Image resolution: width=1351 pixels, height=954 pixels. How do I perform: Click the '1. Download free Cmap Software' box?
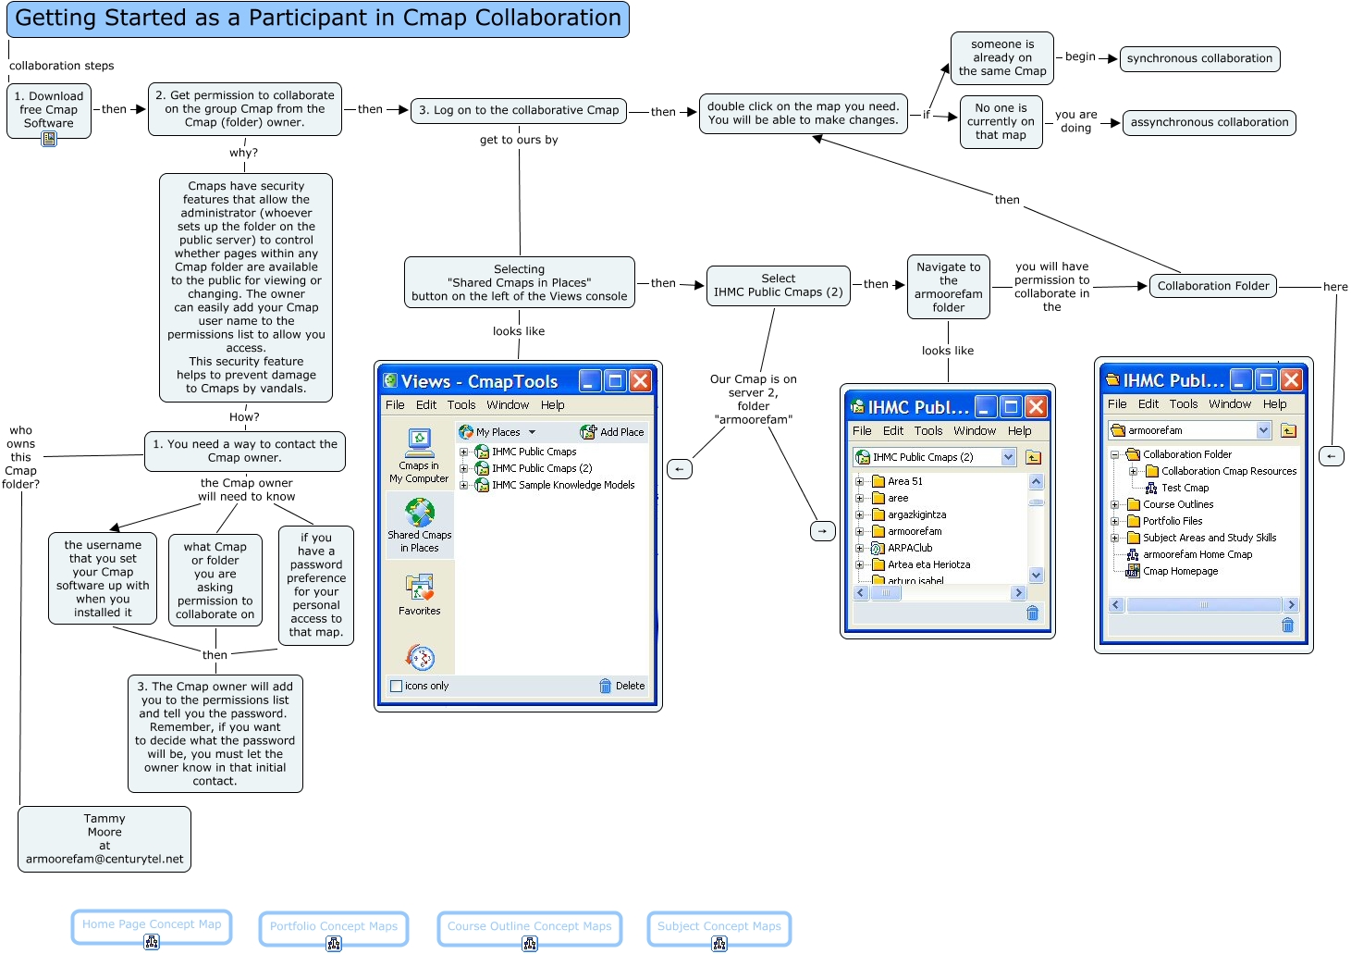click(48, 109)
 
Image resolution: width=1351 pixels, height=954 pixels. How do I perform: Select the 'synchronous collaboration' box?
click(1199, 58)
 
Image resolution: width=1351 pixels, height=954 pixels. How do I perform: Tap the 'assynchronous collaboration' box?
click(1209, 122)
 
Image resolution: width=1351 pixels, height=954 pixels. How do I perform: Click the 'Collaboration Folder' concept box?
click(1212, 286)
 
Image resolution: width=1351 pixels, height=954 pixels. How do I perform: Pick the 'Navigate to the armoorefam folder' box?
click(948, 287)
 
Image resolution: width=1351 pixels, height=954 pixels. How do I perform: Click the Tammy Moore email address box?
click(104, 838)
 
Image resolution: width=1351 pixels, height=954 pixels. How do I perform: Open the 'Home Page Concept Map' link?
click(152, 924)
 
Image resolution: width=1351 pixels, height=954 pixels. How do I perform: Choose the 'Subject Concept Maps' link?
click(718, 926)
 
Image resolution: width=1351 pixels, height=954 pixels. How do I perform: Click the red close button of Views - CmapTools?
click(640, 381)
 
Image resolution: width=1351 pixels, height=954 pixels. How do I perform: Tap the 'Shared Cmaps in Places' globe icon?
click(420, 513)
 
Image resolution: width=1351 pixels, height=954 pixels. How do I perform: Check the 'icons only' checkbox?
click(397, 686)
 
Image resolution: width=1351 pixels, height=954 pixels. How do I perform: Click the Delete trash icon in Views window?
click(606, 686)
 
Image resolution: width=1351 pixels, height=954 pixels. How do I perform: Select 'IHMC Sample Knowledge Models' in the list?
click(562, 485)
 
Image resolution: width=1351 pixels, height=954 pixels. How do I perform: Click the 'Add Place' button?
click(612, 432)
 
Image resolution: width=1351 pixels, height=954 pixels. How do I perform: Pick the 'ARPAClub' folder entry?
click(909, 548)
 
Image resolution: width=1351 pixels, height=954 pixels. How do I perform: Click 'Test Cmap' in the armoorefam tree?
click(1184, 488)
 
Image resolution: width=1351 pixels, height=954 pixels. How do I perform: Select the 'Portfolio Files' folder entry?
click(1172, 521)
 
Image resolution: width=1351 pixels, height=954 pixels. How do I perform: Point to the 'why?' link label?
click(243, 153)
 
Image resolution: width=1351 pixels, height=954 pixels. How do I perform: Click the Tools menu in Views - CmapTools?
click(461, 405)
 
